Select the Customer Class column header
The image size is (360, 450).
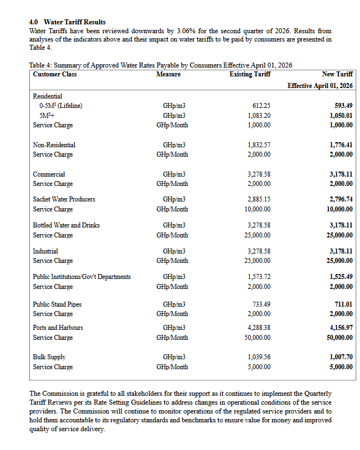[x=55, y=74]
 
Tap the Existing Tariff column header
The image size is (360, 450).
[x=249, y=74]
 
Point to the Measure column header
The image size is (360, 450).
[x=168, y=74]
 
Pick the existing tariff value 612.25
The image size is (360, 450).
[x=260, y=106]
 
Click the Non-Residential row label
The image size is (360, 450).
[x=54, y=145]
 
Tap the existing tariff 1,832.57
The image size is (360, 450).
[x=259, y=145]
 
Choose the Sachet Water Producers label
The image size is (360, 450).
[x=64, y=199]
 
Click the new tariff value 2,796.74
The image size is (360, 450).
[x=341, y=199]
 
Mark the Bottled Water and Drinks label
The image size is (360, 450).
[x=66, y=226]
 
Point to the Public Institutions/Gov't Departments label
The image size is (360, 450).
[x=82, y=277]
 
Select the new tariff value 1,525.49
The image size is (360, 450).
[x=341, y=277]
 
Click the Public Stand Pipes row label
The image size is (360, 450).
[x=57, y=304]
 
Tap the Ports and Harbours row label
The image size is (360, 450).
[x=58, y=328]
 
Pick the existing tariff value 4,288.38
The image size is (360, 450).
[x=259, y=328]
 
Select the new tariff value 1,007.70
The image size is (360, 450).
[x=341, y=357]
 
